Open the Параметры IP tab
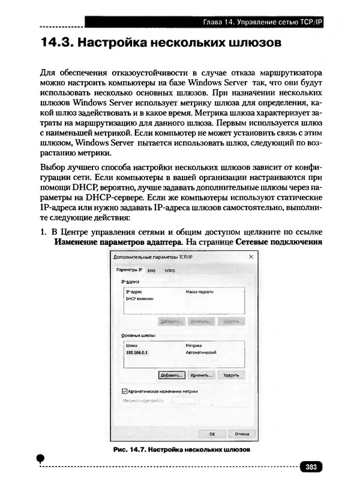128,270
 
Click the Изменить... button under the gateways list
201,375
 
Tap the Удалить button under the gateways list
231,375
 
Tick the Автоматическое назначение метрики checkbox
124,391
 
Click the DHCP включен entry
140,298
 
